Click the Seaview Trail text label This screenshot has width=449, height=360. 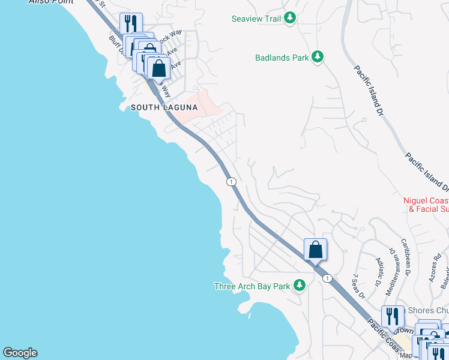point(256,19)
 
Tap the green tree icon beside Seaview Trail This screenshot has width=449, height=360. point(291,19)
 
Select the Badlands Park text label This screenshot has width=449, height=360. point(282,58)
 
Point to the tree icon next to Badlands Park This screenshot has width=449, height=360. point(318,58)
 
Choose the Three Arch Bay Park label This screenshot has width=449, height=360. point(252,286)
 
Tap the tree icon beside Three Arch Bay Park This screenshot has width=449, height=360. point(300,286)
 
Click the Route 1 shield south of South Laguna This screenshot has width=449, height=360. point(231,181)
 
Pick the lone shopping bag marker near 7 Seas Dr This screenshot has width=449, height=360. point(315,250)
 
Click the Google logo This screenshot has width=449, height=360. point(20,353)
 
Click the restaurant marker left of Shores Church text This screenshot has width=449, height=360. point(392,316)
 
